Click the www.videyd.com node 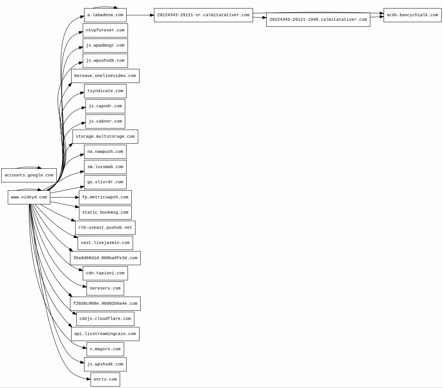[29, 197]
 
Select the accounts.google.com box [29, 175]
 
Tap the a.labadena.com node [105, 15]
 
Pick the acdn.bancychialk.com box [412, 15]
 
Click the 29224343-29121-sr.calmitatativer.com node [203, 15]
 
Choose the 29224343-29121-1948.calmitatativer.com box [318, 20]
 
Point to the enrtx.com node [105, 379]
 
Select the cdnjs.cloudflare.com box [105, 319]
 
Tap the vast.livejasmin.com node [105, 243]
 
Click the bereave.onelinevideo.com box [105, 76]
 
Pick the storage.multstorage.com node [105, 137]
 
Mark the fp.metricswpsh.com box [105, 197]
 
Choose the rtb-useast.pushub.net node [105, 228]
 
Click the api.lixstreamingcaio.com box [105, 334]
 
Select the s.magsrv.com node [105, 349]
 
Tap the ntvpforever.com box [105, 30]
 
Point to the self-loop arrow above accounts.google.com [28, 167]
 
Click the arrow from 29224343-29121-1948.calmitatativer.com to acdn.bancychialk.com [377, 17]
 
